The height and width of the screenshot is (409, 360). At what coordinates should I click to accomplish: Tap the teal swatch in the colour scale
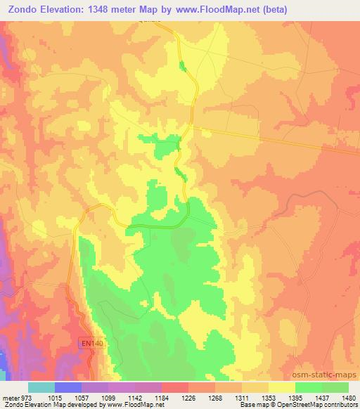pos(41,387)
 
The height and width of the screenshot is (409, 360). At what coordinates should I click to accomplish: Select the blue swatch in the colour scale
pos(68,387)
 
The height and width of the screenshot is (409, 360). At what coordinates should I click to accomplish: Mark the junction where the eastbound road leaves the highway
pos(193,127)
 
